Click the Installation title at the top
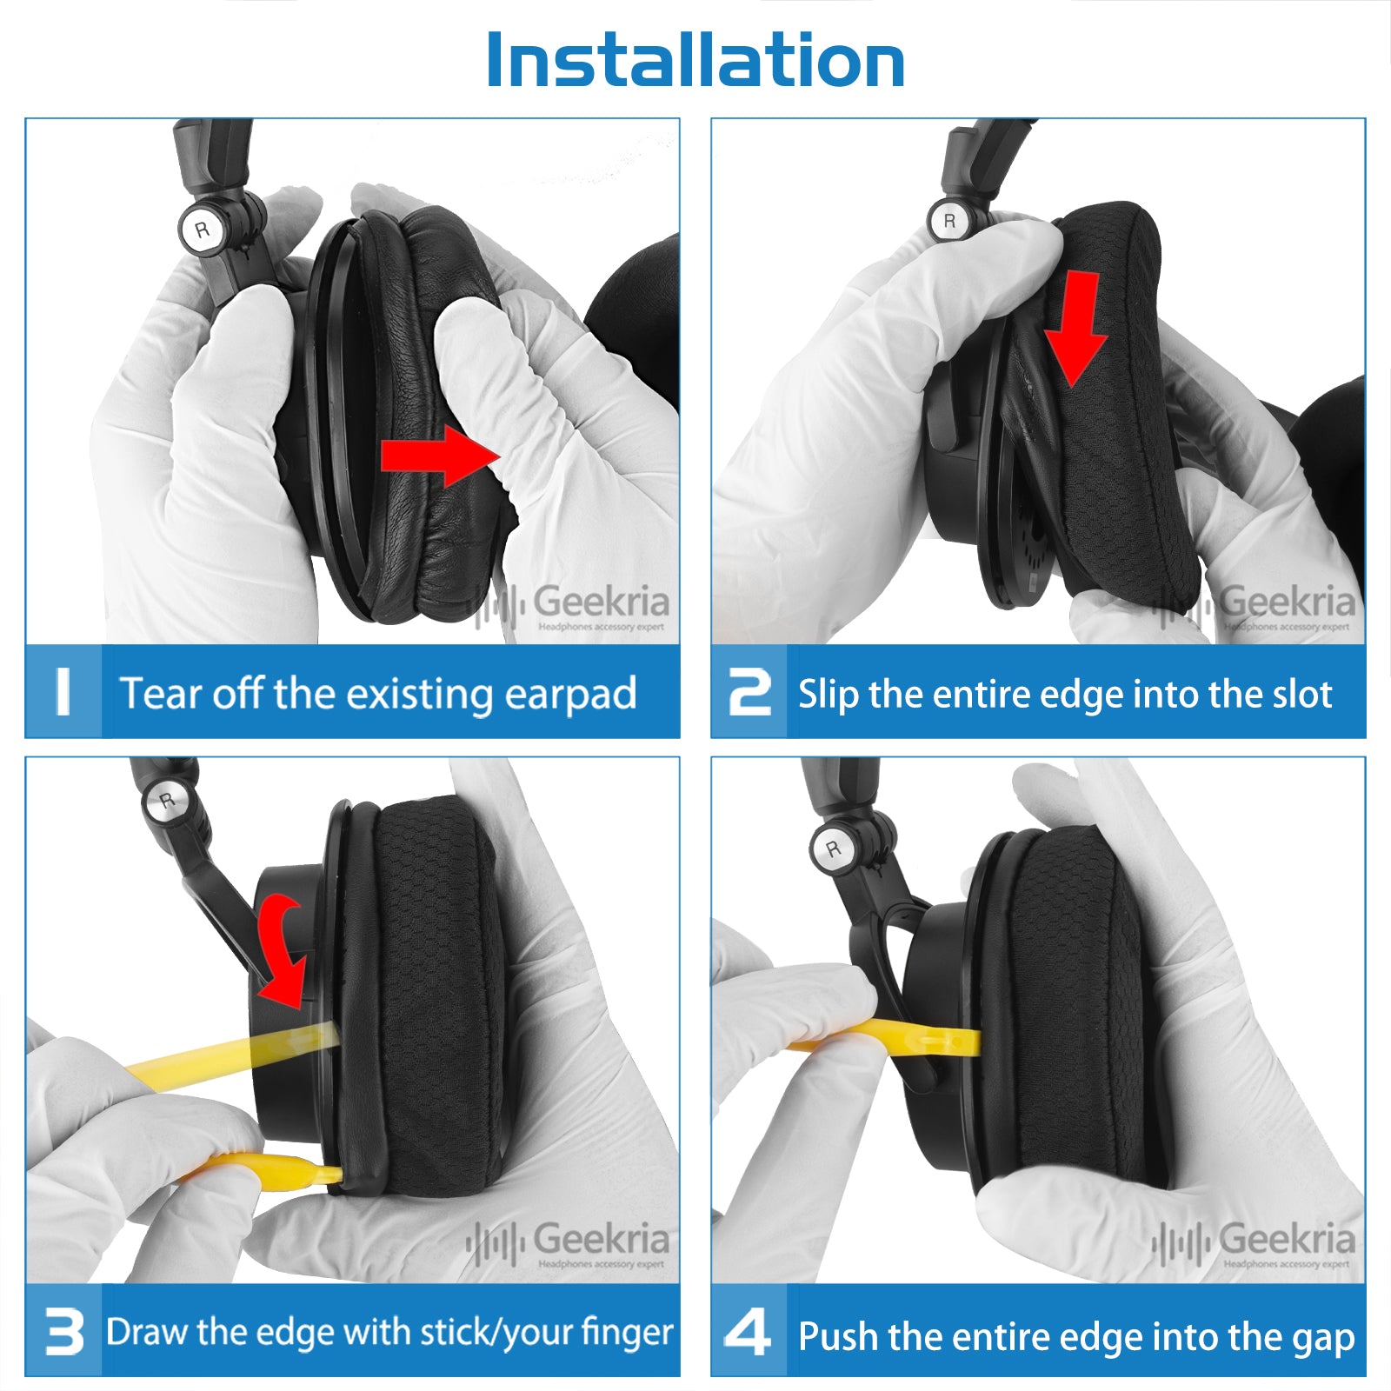point(695,60)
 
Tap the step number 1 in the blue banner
point(63,691)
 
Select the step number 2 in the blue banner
point(749,692)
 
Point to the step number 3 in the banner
point(64,1332)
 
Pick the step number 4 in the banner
point(748,1332)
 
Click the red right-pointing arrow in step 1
point(440,455)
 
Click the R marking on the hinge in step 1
point(203,230)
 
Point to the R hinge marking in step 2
point(949,221)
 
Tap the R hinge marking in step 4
point(834,849)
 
